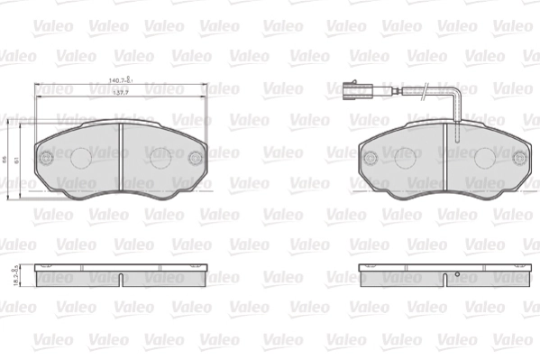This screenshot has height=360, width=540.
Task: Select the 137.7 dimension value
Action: tap(120, 92)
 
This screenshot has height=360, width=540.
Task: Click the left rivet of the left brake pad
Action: tap(45, 157)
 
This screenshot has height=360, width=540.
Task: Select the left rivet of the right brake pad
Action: tap(370, 157)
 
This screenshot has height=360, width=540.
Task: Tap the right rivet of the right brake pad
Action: tap(519, 157)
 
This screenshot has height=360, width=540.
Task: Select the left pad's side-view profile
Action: tap(121, 275)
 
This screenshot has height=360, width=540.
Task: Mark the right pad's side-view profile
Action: tap(445, 275)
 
